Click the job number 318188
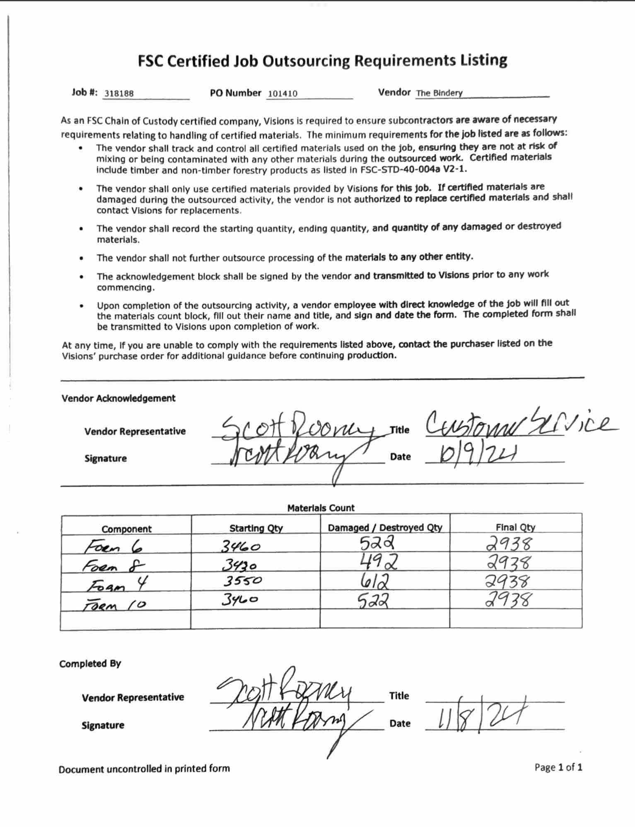click(119, 93)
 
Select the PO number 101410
click(282, 93)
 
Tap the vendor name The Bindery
click(439, 93)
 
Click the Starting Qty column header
click(256, 528)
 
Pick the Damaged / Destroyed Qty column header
click(385, 527)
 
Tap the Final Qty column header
click(515, 527)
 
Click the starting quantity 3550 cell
click(242, 581)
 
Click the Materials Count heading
click(321, 508)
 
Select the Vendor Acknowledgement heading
click(118, 398)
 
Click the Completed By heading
click(90, 664)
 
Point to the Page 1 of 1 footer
click(558, 767)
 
